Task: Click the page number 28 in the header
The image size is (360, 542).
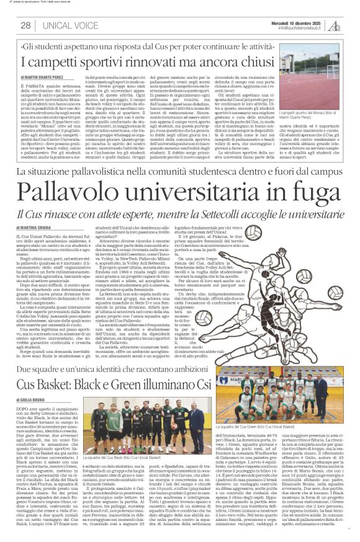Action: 25,25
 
